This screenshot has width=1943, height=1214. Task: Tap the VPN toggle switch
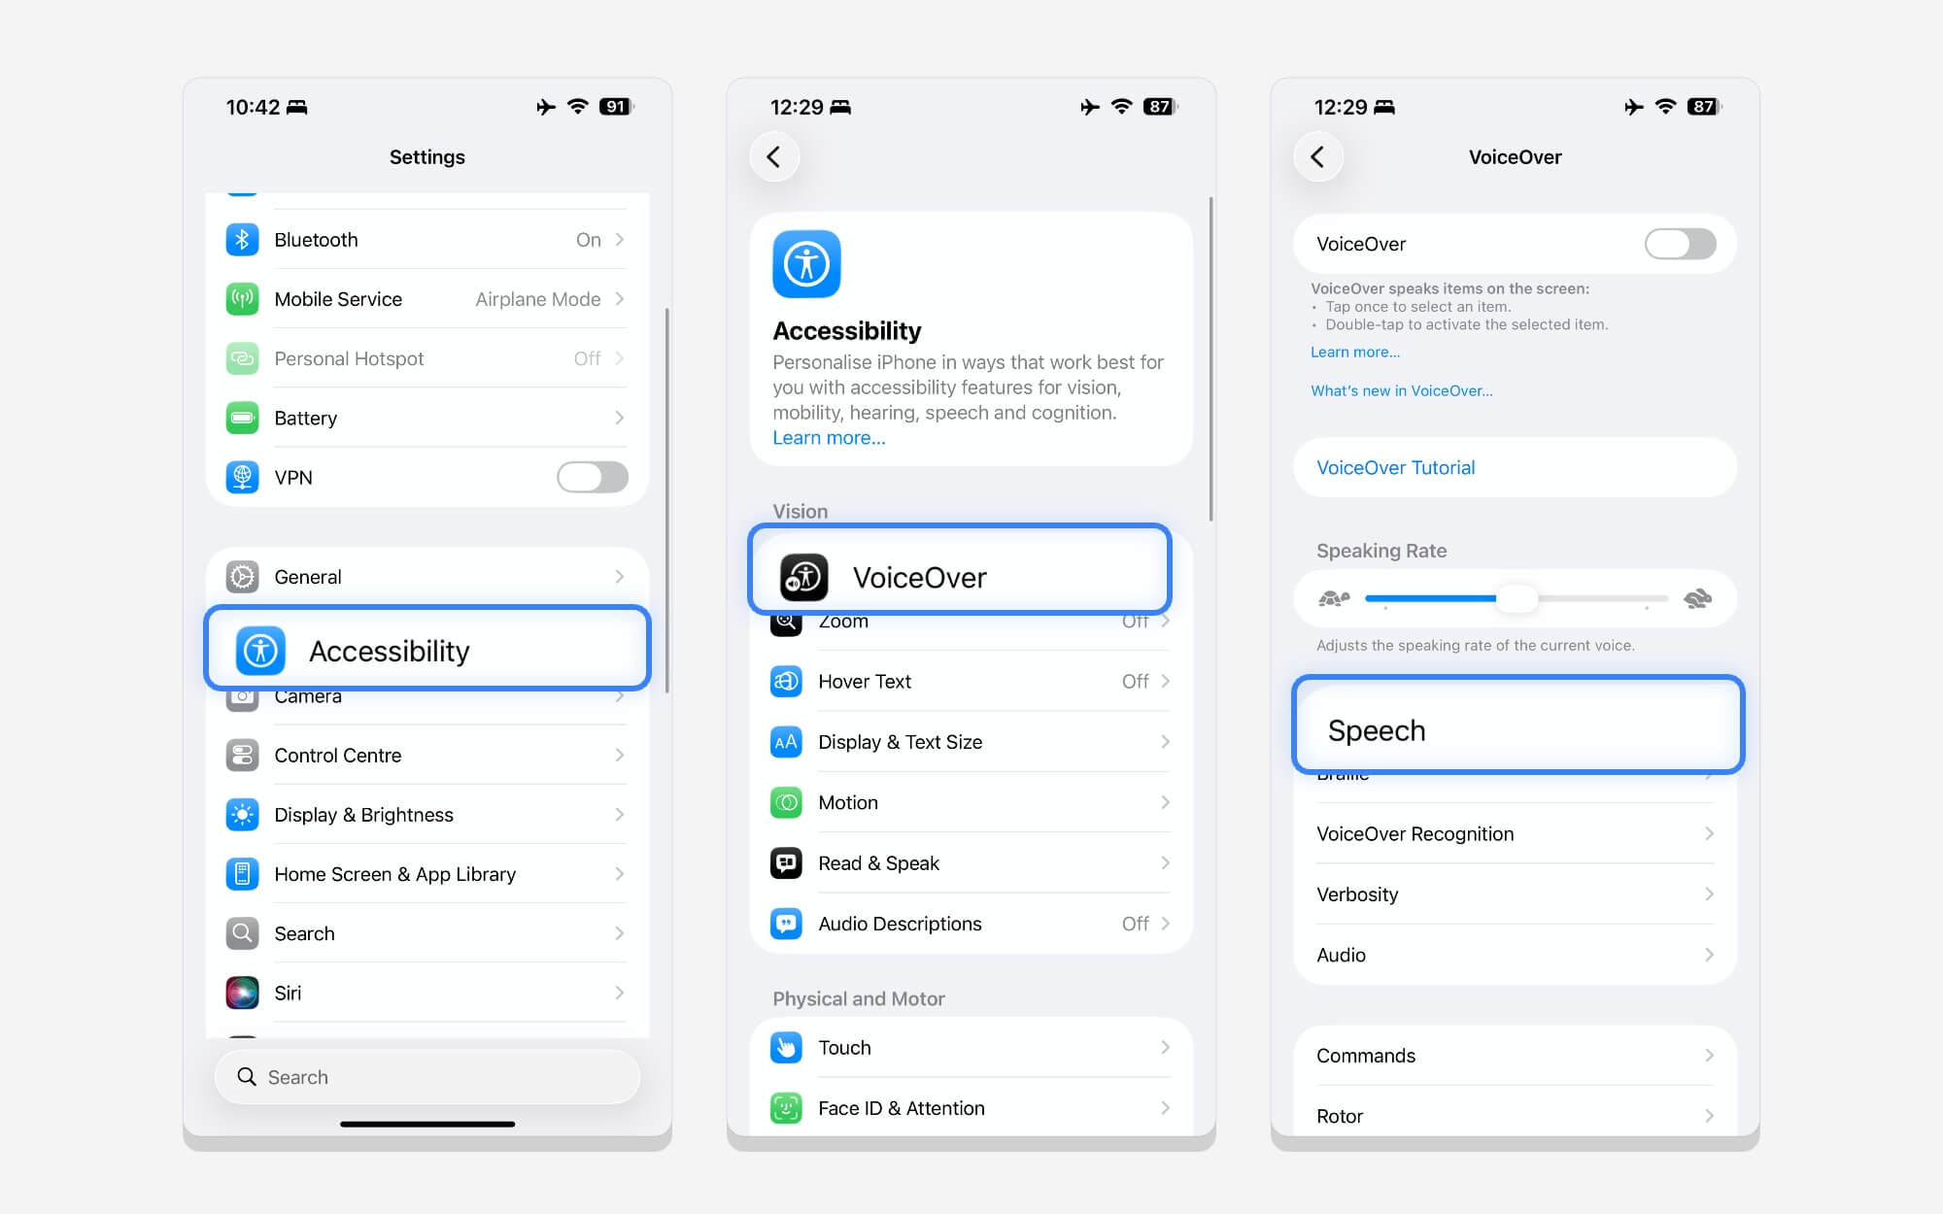coord(592,477)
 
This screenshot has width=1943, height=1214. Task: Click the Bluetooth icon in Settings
coord(242,240)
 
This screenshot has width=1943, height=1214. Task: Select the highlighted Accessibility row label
coord(389,651)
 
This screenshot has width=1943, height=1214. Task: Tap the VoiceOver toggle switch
coord(1680,244)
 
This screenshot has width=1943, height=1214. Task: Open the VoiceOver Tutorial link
coord(1395,468)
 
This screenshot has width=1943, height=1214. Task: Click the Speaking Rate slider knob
coord(1517,598)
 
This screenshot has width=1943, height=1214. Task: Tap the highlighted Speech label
coord(1377,730)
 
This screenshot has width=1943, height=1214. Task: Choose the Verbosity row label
coord(1357,894)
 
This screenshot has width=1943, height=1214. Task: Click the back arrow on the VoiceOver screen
coord(1318,157)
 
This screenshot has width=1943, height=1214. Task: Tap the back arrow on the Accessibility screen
coord(774,157)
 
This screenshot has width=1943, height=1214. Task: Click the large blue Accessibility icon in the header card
coord(806,264)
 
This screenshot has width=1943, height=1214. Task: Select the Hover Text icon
coord(786,682)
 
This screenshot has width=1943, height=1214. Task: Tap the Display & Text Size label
coord(900,742)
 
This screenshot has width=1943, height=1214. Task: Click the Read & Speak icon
coord(786,863)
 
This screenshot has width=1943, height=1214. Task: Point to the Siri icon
coord(242,993)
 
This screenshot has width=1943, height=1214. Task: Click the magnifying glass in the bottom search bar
coord(247,1077)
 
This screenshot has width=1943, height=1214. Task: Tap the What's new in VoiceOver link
coord(1401,391)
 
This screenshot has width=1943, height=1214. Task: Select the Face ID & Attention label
coord(901,1108)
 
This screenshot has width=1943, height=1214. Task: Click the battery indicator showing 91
coord(616,107)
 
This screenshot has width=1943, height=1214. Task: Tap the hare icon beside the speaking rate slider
coord(1697,598)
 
